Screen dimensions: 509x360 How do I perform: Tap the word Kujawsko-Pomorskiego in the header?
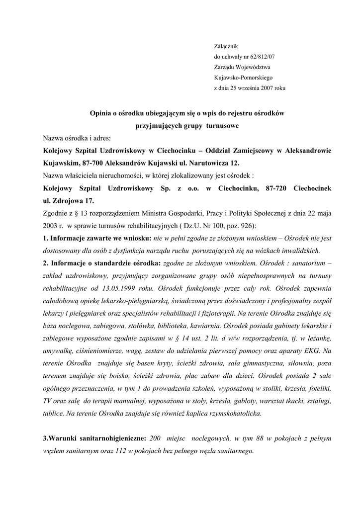point(240,78)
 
